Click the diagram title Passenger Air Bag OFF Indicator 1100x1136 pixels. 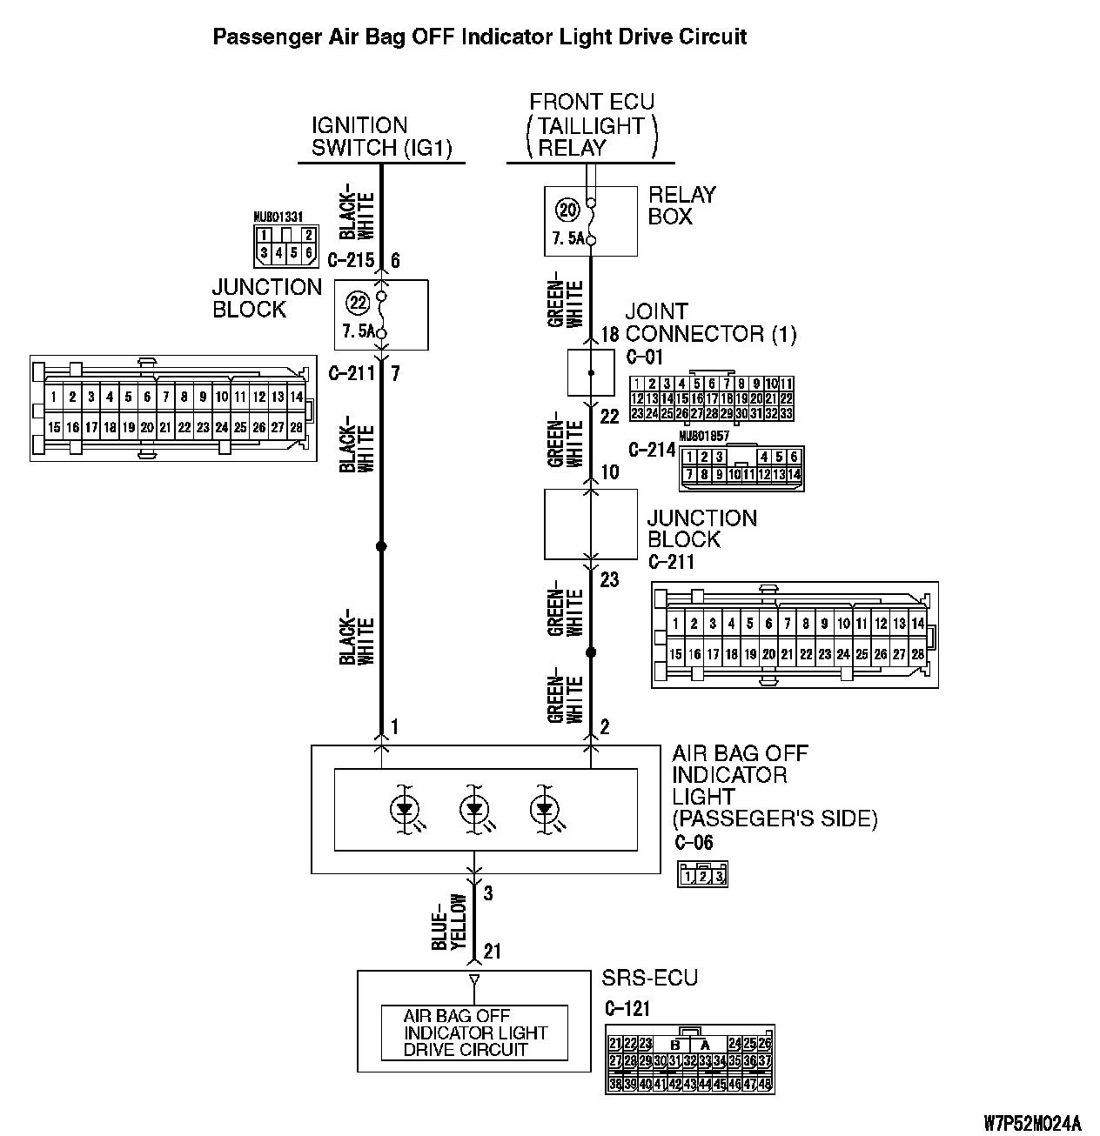(480, 37)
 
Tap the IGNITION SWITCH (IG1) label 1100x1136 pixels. (382, 137)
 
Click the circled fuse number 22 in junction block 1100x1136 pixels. (358, 302)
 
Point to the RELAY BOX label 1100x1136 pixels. (681, 205)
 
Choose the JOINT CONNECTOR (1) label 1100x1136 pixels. (710, 323)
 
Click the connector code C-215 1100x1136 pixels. (350, 260)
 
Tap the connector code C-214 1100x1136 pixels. (651, 451)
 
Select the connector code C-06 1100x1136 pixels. (693, 842)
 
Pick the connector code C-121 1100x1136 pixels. (627, 1009)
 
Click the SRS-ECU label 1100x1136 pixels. (649, 979)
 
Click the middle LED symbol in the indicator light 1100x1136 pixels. (474, 810)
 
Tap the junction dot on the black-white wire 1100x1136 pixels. (380, 546)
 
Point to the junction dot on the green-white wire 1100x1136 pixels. (591, 652)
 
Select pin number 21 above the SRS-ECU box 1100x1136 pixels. (493, 952)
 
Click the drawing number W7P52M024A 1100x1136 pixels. (1031, 1122)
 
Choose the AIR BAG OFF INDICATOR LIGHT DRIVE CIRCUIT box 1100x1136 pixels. (474, 1032)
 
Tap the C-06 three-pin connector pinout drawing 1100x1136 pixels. (701, 874)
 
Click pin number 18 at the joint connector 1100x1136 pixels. (609, 334)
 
